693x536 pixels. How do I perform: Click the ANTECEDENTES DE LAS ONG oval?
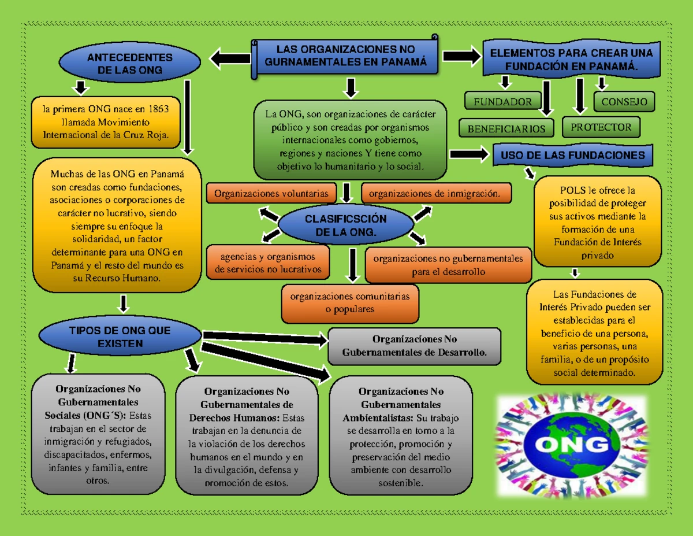tap(130, 64)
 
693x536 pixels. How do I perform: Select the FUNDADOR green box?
tap(502, 101)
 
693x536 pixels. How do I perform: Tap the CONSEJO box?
tap(624, 102)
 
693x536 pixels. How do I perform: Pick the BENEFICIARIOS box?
tap(506, 128)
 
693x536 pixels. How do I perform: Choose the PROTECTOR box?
tap(601, 127)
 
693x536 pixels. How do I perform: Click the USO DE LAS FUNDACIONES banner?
tap(573, 155)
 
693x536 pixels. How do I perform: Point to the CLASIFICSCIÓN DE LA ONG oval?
tap(345, 226)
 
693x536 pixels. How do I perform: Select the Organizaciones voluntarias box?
tap(271, 194)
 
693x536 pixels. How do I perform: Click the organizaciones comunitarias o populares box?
tap(350, 303)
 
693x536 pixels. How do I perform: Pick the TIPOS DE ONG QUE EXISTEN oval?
tap(120, 337)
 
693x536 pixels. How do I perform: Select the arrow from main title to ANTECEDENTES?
tap(230, 58)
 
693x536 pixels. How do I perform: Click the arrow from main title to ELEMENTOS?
tap(461, 56)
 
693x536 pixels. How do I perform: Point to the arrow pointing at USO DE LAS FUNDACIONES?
tap(469, 154)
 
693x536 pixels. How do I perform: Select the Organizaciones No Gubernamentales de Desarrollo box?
tap(414, 346)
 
